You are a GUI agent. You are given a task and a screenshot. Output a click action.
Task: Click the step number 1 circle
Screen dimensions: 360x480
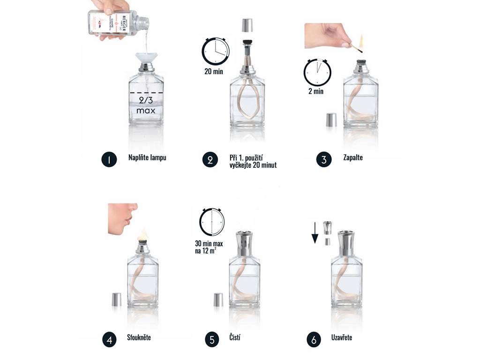pyautogui.click(x=109, y=160)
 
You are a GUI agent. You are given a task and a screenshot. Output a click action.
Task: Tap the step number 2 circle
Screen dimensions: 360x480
pyautogui.click(x=210, y=160)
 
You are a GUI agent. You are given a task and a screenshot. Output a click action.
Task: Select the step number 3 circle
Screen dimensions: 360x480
pyautogui.click(x=323, y=160)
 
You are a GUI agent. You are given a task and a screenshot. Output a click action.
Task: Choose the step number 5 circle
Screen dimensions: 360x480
pyautogui.click(x=212, y=339)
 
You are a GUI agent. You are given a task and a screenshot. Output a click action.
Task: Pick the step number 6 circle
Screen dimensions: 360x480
pyautogui.click(x=314, y=339)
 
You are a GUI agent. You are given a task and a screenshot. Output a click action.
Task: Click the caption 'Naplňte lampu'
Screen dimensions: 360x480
pyautogui.click(x=147, y=157)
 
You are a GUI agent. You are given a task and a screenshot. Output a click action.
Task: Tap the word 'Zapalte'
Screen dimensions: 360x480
pyautogui.click(x=352, y=157)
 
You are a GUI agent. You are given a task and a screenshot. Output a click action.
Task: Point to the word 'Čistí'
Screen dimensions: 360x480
pyautogui.click(x=235, y=337)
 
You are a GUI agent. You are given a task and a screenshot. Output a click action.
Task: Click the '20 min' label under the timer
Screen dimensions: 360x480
pyautogui.click(x=214, y=72)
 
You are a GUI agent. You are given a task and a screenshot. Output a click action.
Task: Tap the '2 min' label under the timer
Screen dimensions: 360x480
pyautogui.click(x=316, y=91)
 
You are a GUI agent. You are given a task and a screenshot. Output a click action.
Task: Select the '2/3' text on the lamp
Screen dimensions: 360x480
pyautogui.click(x=146, y=100)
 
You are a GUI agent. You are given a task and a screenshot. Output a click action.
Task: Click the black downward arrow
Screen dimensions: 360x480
pyautogui.click(x=315, y=233)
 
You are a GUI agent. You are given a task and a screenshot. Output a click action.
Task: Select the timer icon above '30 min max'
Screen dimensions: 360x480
pyautogui.click(x=212, y=222)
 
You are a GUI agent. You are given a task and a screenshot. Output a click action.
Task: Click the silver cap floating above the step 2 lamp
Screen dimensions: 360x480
pyautogui.click(x=247, y=25)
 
